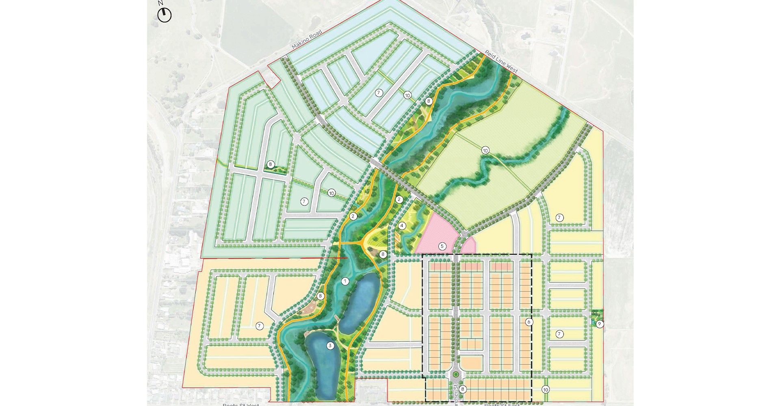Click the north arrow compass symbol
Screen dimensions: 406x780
pyautogui.click(x=165, y=15)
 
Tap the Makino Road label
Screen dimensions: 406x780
pyautogui.click(x=307, y=40)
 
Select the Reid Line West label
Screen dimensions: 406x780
pyautogui.click(x=501, y=62)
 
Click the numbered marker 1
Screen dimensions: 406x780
pyautogui.click(x=345, y=281)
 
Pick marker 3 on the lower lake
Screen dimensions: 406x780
pyautogui.click(x=330, y=346)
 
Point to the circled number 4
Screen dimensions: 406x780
pyautogui.click(x=402, y=226)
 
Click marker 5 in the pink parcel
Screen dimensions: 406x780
pyautogui.click(x=442, y=246)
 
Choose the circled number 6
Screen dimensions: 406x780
pyautogui.click(x=529, y=322)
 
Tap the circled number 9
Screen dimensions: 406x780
pyautogui.click(x=599, y=324)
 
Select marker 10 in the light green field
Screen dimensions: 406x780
pyautogui.click(x=485, y=151)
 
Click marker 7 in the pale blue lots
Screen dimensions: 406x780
pyautogui.click(x=379, y=93)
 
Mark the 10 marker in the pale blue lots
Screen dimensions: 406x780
pyautogui.click(x=407, y=95)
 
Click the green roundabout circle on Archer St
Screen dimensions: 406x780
pyautogui.click(x=456, y=374)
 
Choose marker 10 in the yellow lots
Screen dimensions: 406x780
pyautogui.click(x=545, y=390)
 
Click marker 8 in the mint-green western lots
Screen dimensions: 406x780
pyautogui.click(x=270, y=164)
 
